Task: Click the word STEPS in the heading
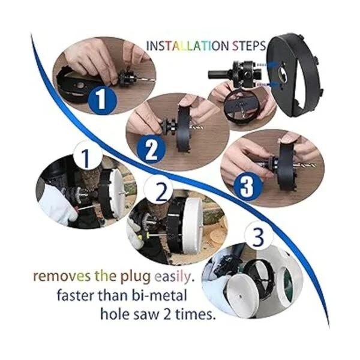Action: [248, 46]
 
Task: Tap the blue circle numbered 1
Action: [102, 100]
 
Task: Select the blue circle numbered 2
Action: [151, 150]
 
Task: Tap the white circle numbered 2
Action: [158, 190]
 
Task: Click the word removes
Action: [62, 276]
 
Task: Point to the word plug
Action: [136, 277]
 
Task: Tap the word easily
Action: [173, 277]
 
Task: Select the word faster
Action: [76, 295]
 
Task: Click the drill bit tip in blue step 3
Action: [314, 165]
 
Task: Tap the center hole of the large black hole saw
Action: [281, 73]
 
